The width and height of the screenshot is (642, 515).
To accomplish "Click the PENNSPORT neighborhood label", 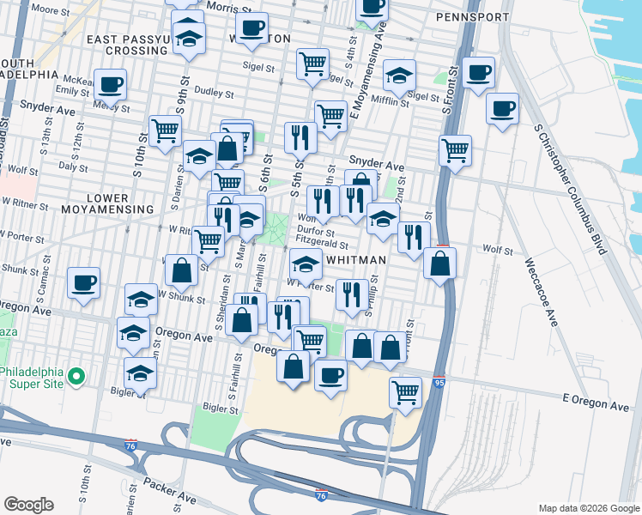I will (x=472, y=16).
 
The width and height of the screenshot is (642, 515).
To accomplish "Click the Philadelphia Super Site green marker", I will (x=76, y=376).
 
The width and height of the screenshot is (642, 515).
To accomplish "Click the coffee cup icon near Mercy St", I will (x=110, y=85).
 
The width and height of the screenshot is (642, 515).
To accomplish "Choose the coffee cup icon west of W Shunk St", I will (x=83, y=282).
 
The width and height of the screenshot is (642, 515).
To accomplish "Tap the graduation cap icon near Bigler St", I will (x=140, y=373).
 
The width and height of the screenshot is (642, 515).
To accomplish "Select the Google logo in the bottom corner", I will (x=28, y=504).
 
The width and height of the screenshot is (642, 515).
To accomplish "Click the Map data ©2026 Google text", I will (x=588, y=508).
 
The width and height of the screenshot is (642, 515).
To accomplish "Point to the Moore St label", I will (x=50, y=10).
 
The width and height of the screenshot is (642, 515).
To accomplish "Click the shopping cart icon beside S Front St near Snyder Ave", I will (x=455, y=150).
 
